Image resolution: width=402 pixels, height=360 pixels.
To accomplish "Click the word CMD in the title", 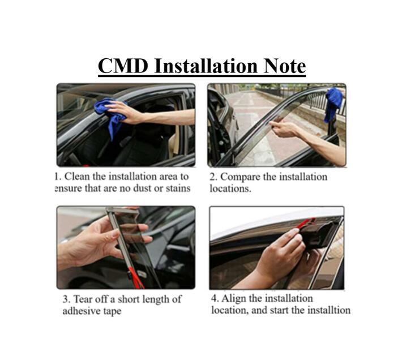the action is coord(123,66).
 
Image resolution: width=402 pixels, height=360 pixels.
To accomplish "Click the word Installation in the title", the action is coord(206,66).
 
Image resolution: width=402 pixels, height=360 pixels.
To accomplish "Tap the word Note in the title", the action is coord(284,66).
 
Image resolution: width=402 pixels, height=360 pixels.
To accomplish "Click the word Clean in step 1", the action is coord(77,176).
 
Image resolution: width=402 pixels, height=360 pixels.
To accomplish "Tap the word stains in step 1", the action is coord(178,188).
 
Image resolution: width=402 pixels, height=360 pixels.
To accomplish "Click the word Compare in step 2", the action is coord(241,177).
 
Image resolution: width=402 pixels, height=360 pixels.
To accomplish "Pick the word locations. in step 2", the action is coord(230,188).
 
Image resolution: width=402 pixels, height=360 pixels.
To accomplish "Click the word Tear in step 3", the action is coord(82,299).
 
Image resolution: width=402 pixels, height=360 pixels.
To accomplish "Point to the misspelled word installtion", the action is coord(328,310).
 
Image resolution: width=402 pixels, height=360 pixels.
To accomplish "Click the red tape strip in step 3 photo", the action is coord(135,276).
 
